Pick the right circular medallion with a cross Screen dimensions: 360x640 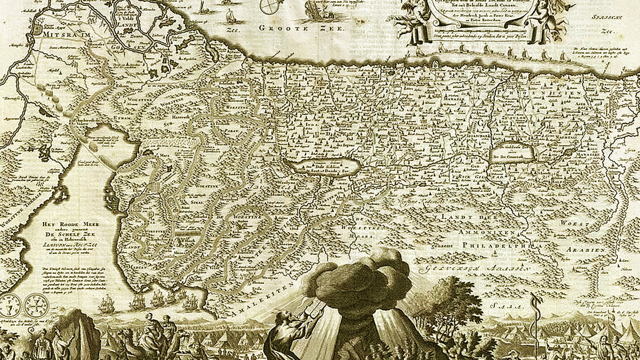pos(29,305)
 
